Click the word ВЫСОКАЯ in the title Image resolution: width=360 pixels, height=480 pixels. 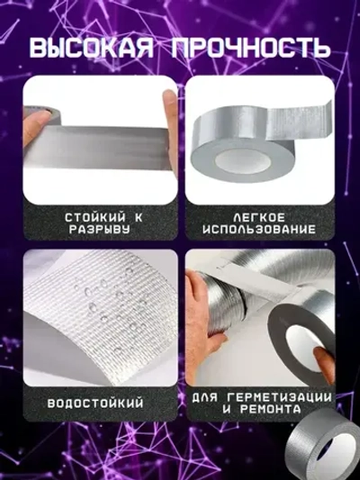pos(93,48)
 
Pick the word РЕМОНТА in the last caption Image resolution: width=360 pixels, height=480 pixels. pos(269,412)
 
